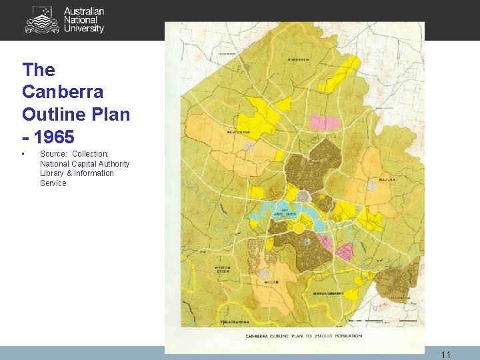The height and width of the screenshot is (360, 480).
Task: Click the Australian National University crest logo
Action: point(42,19)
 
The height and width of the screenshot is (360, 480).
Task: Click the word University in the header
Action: point(84,29)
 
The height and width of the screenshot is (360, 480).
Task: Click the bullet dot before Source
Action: point(24,155)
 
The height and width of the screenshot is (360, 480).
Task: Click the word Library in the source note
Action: point(52,173)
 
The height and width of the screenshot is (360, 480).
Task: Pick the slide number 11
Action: point(446,355)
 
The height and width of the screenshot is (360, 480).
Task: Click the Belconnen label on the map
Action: point(237,132)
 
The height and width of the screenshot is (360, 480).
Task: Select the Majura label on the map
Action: point(387,180)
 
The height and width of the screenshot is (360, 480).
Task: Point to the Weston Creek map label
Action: point(222,269)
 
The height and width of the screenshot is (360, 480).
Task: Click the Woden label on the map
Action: point(271,282)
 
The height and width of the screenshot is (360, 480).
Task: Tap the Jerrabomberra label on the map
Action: point(329,293)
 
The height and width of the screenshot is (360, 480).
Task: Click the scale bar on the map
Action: point(383,321)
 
